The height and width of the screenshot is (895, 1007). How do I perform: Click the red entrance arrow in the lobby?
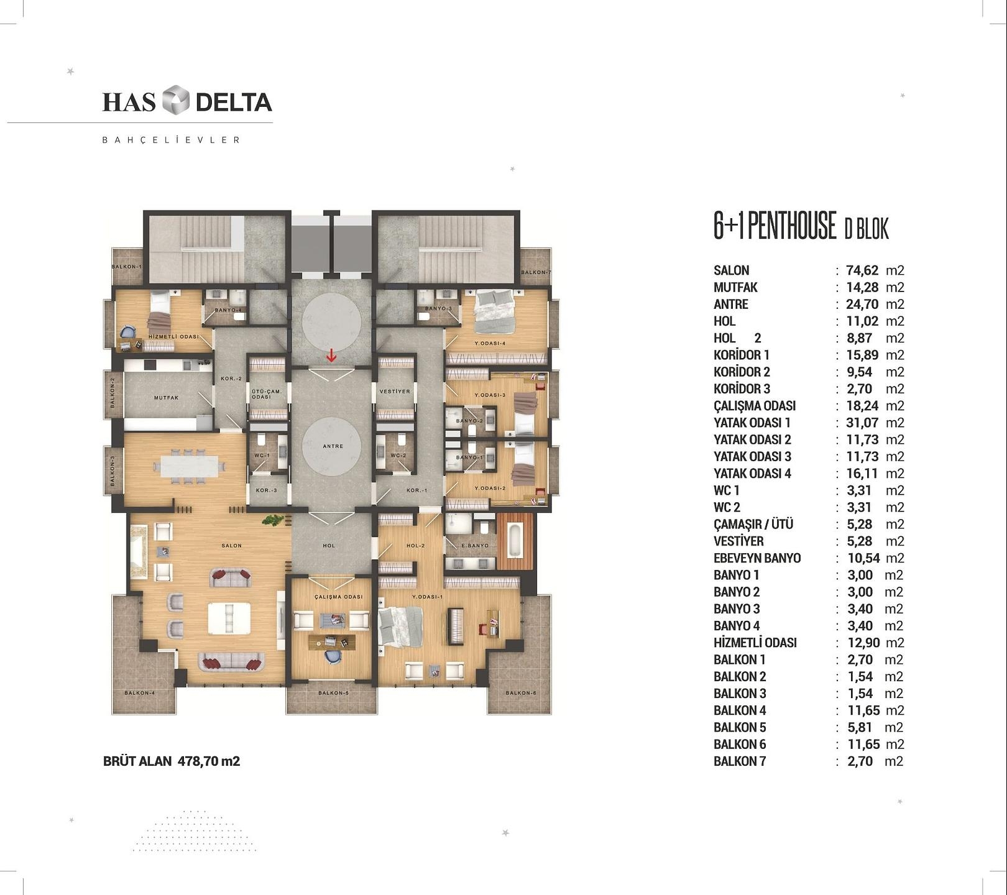pyautogui.click(x=332, y=355)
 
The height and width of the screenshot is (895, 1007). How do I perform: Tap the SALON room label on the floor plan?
pyautogui.click(x=232, y=546)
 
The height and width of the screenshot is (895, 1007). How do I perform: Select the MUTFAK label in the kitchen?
pyautogui.click(x=167, y=398)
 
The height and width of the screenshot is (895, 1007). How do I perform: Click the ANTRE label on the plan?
pyautogui.click(x=333, y=446)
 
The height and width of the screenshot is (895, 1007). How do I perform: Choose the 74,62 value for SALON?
pyautogui.click(x=863, y=270)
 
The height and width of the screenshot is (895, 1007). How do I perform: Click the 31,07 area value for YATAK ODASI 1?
pyautogui.click(x=863, y=423)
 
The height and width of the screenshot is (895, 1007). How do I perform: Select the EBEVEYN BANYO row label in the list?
pyautogui.click(x=757, y=558)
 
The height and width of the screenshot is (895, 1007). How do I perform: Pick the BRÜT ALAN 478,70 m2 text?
pyautogui.click(x=172, y=761)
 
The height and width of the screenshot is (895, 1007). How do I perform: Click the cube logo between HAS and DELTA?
pyautogui.click(x=175, y=101)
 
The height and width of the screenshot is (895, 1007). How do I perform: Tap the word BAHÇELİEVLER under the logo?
pyautogui.click(x=171, y=140)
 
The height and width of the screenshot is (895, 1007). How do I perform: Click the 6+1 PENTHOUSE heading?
pyautogui.click(x=775, y=226)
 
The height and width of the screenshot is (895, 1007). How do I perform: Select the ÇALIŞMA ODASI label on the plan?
pyautogui.click(x=338, y=597)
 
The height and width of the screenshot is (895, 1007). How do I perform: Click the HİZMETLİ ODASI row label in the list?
pyautogui.click(x=755, y=643)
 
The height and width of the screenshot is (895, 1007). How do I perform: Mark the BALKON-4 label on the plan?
pyautogui.click(x=140, y=693)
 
